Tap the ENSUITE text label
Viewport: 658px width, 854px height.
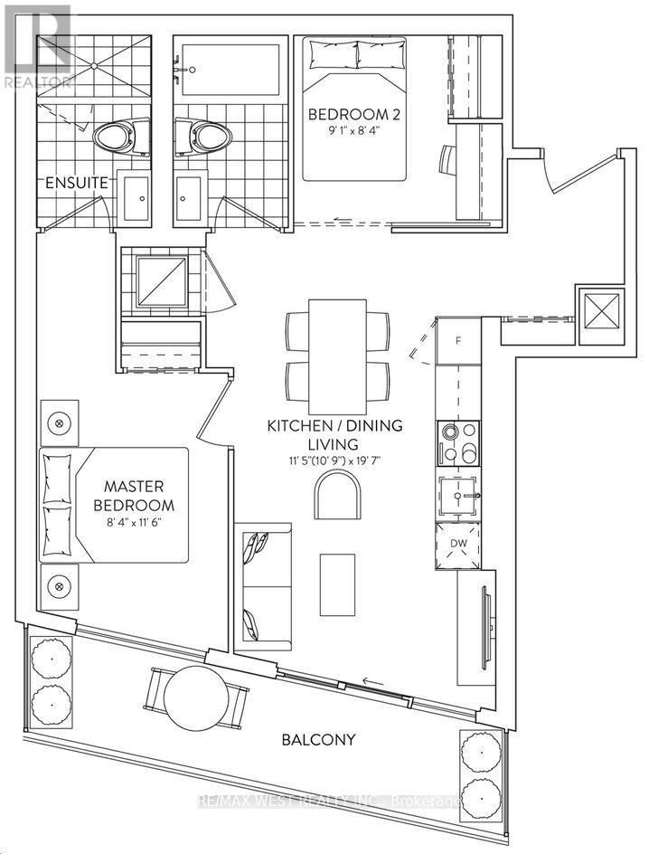tap(78, 184)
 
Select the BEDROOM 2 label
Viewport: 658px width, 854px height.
tap(349, 115)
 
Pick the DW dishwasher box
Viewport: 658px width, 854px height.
tap(457, 546)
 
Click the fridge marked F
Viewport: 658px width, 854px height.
tap(457, 342)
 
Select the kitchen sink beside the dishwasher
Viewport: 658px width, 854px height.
tap(457, 496)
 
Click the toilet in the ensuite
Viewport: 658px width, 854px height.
tap(112, 138)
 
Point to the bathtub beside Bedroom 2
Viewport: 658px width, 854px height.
tap(229, 67)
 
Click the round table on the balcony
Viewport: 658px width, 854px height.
tap(195, 695)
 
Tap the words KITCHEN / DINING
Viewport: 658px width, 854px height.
tap(334, 425)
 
